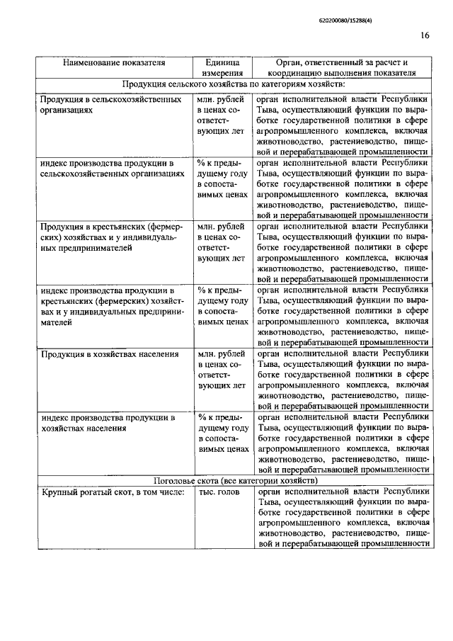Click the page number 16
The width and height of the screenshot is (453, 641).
click(x=425, y=36)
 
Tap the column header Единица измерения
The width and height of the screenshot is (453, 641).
click(x=222, y=67)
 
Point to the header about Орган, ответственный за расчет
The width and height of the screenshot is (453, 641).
click(x=341, y=67)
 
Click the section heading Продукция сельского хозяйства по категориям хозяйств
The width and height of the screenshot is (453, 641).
click(x=233, y=85)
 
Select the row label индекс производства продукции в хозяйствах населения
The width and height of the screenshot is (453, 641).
click(x=108, y=422)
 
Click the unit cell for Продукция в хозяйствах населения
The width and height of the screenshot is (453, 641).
click(x=222, y=369)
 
